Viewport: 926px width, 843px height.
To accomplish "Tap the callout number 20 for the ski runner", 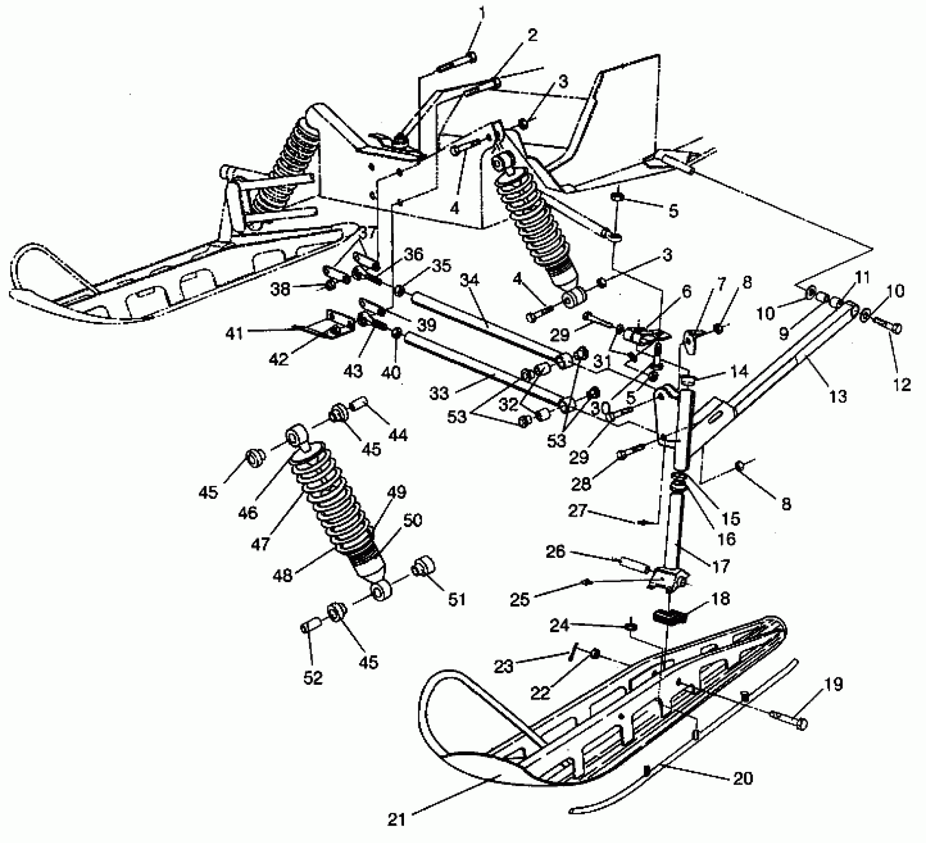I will (x=742, y=778).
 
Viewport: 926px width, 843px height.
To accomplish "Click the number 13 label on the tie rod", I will (x=837, y=396).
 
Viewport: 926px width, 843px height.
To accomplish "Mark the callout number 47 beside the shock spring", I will (x=260, y=543).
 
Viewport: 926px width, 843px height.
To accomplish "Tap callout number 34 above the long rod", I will (x=470, y=281).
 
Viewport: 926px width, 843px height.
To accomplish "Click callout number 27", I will (x=577, y=511).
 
